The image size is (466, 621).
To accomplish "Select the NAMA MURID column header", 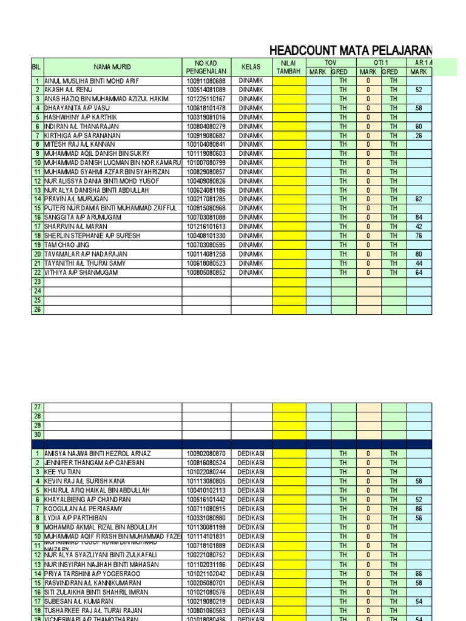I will pos(112,67).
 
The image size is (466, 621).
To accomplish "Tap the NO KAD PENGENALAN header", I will pos(206,67).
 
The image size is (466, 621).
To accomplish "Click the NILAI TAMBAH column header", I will pos(289,67).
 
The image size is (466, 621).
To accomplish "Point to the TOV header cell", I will pos(331,62).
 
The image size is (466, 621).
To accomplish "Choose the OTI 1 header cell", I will pos(381,62).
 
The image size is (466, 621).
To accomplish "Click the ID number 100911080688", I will pos(206,81).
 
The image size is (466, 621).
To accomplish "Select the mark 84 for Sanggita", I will pos(419,218).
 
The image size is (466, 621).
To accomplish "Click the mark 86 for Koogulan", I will pos(419,509).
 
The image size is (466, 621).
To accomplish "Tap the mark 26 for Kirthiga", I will pos(419,136).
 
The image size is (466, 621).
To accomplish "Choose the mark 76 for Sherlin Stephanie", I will pos(419,236).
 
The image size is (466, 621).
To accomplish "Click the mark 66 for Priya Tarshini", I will pos(419,573).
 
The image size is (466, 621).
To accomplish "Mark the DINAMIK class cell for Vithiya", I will pos(251,272).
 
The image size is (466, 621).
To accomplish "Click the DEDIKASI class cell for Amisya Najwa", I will pos(251,454).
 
